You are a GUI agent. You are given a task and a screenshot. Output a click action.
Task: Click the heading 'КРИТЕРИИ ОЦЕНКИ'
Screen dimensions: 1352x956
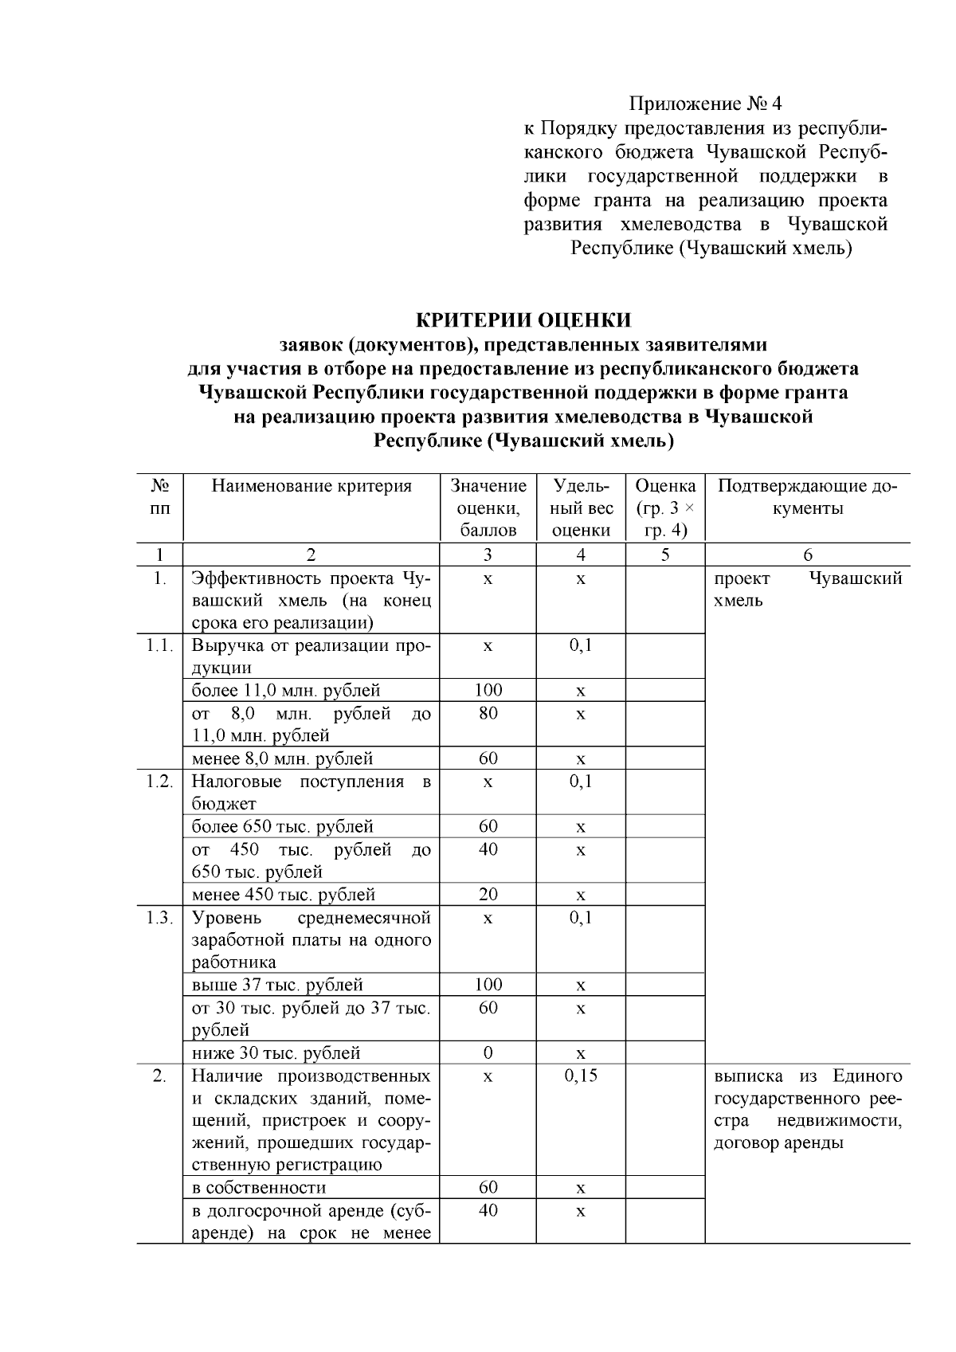(x=523, y=320)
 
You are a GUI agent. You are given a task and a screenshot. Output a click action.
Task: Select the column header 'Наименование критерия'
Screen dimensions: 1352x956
(x=311, y=486)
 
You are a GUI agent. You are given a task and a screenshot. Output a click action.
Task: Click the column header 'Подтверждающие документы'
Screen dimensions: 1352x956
(x=807, y=497)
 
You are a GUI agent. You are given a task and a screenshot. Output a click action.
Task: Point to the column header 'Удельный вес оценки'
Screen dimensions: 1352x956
(x=581, y=508)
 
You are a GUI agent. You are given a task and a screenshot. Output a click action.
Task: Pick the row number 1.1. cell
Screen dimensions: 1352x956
(x=159, y=645)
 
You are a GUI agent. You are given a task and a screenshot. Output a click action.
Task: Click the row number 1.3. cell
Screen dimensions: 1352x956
(x=159, y=918)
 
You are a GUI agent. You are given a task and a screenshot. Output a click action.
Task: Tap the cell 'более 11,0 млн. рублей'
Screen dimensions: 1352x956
(x=286, y=690)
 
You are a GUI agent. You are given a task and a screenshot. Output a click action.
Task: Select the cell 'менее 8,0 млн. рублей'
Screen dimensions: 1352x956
(x=282, y=758)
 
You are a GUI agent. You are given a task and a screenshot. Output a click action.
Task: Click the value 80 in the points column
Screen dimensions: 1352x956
(x=488, y=713)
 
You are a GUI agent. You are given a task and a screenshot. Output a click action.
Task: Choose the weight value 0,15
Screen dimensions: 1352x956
(x=581, y=1076)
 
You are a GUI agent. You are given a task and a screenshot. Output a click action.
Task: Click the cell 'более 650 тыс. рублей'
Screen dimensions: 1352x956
(x=282, y=827)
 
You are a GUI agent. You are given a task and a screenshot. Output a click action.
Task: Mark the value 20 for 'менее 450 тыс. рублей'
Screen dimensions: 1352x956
(x=488, y=895)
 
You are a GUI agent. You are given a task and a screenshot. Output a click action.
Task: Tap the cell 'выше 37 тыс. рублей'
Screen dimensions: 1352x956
(x=277, y=985)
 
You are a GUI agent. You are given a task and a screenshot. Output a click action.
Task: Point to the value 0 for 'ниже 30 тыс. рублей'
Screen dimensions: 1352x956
(x=488, y=1053)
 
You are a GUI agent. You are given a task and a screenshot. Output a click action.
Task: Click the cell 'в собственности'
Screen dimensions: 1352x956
(x=259, y=1188)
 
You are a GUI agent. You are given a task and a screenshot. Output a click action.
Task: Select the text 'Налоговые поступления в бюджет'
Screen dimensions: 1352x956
(x=311, y=792)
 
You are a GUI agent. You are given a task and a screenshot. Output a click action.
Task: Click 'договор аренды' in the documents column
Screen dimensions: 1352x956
(x=778, y=1143)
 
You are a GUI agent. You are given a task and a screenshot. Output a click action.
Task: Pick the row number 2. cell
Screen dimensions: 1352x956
(x=159, y=1076)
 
